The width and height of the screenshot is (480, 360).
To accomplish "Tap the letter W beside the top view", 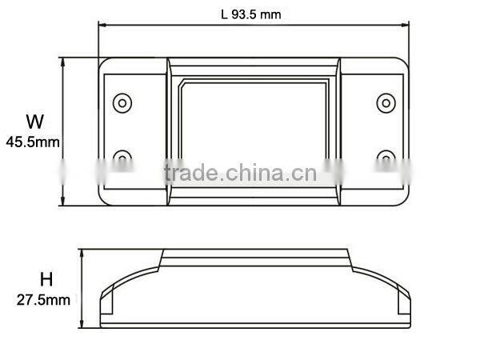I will (34, 122).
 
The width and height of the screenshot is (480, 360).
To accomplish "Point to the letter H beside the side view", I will (46, 280).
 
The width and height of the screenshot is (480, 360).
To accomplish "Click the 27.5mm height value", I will (44, 301).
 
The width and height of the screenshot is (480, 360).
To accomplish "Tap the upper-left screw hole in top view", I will (122, 102).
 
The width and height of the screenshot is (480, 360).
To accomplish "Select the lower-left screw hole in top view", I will (122, 157).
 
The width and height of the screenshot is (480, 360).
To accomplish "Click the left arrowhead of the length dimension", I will (102, 25).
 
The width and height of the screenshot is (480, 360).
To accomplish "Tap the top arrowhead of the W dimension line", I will (64, 61).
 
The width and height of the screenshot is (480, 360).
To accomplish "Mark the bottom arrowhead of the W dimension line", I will (64, 202).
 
